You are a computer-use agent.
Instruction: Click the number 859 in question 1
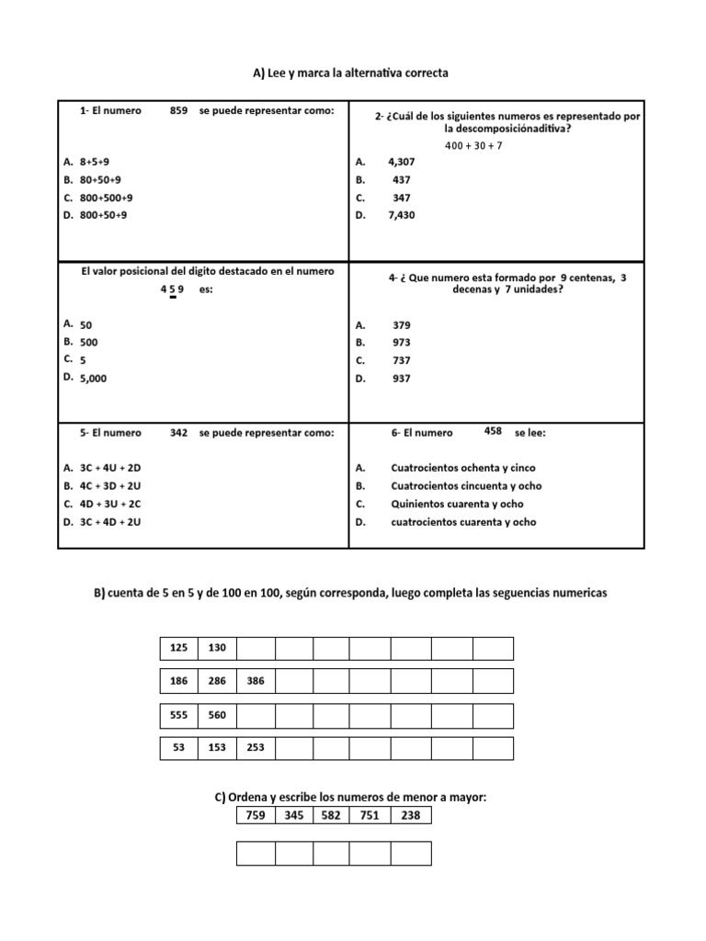click(x=178, y=111)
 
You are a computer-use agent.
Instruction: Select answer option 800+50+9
click(x=103, y=215)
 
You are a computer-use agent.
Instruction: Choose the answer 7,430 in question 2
click(x=402, y=215)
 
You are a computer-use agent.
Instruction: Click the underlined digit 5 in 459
click(x=172, y=289)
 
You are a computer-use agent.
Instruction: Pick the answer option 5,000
click(x=93, y=378)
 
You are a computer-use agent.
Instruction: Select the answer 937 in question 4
click(x=402, y=378)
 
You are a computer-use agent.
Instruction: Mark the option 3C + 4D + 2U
click(x=110, y=522)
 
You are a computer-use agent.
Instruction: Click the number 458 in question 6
click(x=493, y=430)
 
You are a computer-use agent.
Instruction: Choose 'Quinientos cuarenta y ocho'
click(x=457, y=504)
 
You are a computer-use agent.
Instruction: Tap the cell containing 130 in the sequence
click(x=217, y=648)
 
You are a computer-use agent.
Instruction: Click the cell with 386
click(x=256, y=682)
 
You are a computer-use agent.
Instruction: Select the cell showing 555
click(x=178, y=715)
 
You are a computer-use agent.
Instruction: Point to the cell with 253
click(x=256, y=748)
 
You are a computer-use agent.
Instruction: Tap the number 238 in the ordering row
click(x=410, y=814)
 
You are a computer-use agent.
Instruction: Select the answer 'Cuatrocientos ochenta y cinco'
click(x=462, y=468)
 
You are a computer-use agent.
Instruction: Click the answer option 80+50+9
click(x=100, y=179)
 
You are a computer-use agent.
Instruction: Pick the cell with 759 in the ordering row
click(x=256, y=814)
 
